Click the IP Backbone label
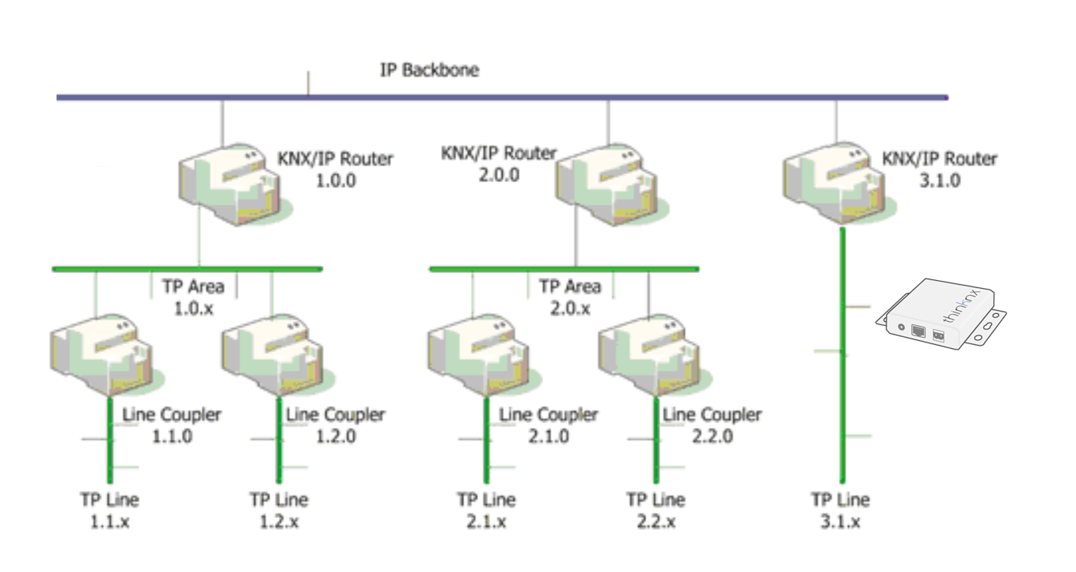pos(429,70)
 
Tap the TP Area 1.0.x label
pos(194,297)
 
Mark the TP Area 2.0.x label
pos(570,297)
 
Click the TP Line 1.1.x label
pos(109,510)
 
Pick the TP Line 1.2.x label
pos(279,510)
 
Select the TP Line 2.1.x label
pos(486,510)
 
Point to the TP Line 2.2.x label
pos(656,510)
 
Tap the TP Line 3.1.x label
pos(840,510)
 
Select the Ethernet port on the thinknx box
pos(919,331)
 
